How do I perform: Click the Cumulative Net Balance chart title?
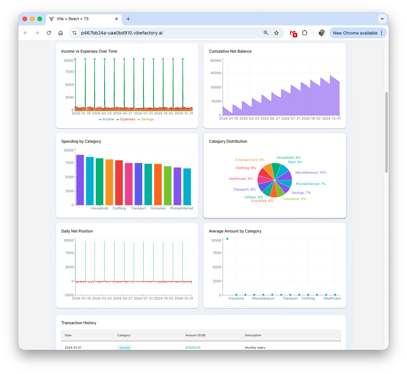click(230, 51)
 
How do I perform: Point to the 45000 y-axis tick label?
click(216, 73)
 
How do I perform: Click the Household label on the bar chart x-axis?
click(100, 208)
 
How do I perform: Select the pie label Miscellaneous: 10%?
click(311, 173)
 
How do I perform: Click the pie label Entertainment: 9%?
click(250, 160)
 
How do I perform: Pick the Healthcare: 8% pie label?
click(241, 179)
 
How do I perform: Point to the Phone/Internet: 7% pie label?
click(311, 184)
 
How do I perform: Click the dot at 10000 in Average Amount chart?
click(227, 239)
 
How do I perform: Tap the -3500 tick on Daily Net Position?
click(69, 295)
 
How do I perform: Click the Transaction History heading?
click(79, 323)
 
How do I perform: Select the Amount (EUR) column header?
click(196, 335)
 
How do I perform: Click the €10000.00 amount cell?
click(193, 348)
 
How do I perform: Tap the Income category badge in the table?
click(124, 348)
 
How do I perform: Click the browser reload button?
click(49, 33)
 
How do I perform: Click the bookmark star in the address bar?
click(276, 33)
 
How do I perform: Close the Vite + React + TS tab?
click(117, 19)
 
